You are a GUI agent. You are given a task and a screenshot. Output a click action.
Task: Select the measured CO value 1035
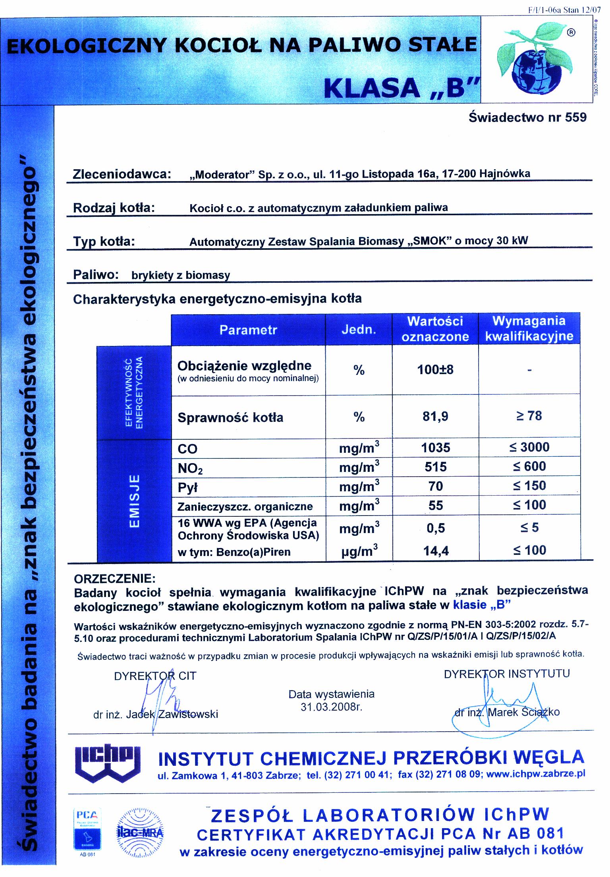pyautogui.click(x=435, y=448)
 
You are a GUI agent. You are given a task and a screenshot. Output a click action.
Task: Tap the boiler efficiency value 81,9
pyautogui.click(x=435, y=416)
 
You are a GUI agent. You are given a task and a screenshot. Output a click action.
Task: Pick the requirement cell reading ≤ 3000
pyautogui.click(x=529, y=447)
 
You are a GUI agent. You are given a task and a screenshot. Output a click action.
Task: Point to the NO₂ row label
pyautogui.click(x=191, y=469)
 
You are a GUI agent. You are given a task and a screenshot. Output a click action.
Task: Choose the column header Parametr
pyautogui.click(x=248, y=330)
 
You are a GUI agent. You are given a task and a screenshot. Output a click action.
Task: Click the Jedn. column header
pyautogui.click(x=359, y=330)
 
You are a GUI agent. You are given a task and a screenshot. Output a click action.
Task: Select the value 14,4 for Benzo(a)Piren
pyautogui.click(x=435, y=551)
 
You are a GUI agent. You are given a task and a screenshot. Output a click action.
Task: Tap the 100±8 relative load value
pyautogui.click(x=435, y=370)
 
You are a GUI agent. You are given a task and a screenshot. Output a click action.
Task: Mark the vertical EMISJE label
pyautogui.click(x=135, y=500)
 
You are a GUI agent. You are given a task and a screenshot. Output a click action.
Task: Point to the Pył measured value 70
pyautogui.click(x=435, y=486)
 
